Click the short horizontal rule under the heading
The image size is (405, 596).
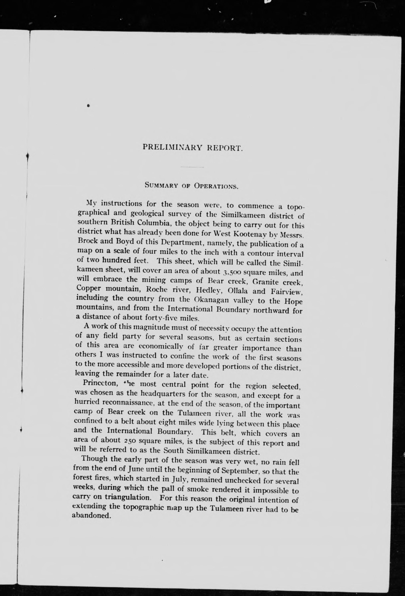(192, 167)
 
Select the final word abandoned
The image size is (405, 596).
(91, 515)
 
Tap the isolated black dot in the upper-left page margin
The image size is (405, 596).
(88, 105)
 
